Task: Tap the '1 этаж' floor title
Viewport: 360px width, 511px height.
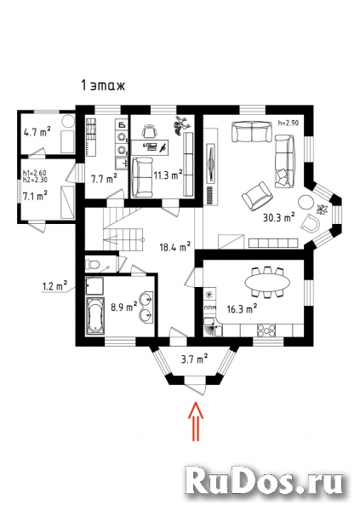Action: (103, 86)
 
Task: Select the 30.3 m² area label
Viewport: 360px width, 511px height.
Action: (279, 216)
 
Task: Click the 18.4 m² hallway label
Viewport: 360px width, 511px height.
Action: (175, 247)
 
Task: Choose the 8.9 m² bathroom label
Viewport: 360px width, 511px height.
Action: (123, 307)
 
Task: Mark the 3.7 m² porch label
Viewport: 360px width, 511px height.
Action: (195, 359)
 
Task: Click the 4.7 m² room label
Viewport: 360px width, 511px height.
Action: (37, 132)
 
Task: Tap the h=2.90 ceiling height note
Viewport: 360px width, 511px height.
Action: (289, 123)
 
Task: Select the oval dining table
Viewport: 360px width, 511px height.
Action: (266, 282)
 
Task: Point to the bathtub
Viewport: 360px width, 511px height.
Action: (95, 316)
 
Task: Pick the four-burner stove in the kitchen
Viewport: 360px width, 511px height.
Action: (266, 330)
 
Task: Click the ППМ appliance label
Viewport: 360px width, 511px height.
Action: (209, 307)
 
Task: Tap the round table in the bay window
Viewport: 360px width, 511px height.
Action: (306, 202)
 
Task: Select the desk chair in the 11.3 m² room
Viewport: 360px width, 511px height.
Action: (150, 131)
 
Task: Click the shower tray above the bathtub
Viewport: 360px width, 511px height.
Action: (94, 286)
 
